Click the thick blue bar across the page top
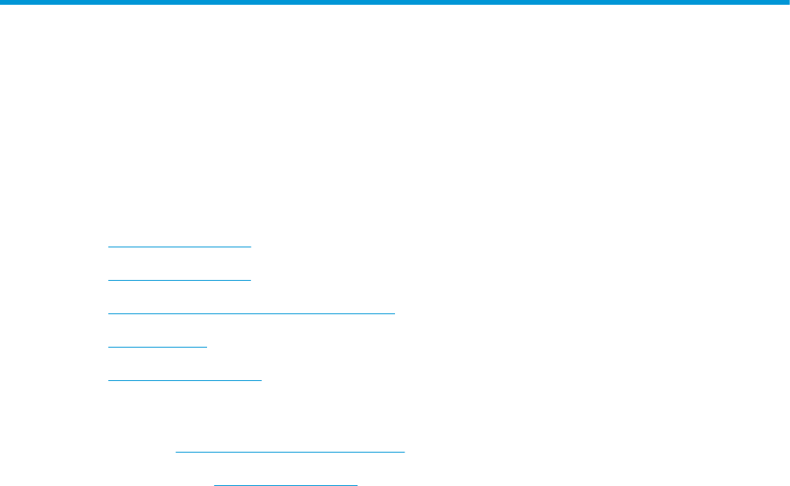(395, 3)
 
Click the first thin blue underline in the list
(179, 247)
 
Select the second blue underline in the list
(179, 280)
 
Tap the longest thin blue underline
(252, 313)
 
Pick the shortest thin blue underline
(157, 347)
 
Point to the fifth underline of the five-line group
(185, 380)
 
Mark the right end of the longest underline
(395, 313)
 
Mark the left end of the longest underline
(108, 313)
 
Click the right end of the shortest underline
(206, 347)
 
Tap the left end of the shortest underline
(108, 347)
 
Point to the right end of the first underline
(250, 247)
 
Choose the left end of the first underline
(108, 247)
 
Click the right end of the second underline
(250, 280)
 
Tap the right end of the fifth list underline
(261, 380)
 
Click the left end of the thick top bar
(2, 3)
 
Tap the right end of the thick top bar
(788, 3)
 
